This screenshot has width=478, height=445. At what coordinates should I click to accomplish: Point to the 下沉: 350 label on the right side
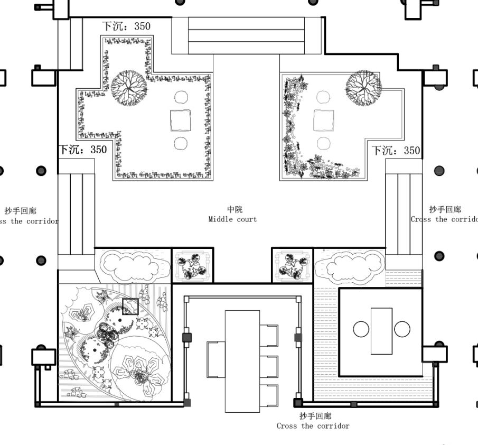coord(396,150)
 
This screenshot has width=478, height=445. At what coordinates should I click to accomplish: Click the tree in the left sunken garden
coord(129,87)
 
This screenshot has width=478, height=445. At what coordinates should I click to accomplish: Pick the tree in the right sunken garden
coord(363,86)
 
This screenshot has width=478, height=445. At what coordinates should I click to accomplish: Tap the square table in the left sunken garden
coord(181,120)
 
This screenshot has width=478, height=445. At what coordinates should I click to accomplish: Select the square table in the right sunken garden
coord(324,120)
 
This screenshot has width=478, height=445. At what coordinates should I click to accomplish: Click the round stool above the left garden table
coord(181,97)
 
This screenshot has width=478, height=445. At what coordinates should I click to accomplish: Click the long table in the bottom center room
coord(242,361)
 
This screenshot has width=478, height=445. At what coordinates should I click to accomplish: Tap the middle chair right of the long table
coord(269,366)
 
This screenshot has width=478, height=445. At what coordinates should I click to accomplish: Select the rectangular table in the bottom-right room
coord(381,331)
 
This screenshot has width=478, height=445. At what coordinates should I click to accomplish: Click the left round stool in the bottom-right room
coord(361,329)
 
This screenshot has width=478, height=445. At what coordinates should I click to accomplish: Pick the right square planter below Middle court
coord(292,265)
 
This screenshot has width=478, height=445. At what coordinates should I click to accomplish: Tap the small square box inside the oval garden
coord(130,307)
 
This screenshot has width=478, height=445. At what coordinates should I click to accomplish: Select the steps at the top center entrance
coord(247,35)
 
